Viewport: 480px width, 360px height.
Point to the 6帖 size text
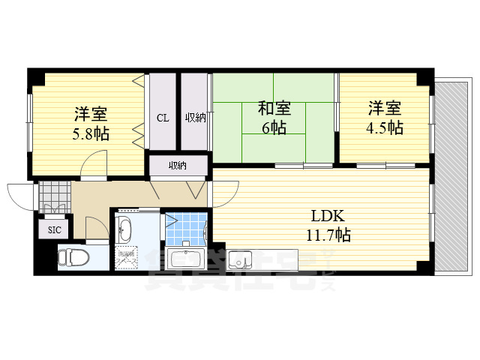(274, 127)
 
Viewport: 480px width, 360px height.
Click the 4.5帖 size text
(384, 127)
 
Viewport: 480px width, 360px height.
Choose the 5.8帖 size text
(90, 134)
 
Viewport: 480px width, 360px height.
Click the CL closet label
(163, 118)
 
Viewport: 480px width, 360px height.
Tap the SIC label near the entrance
(55, 229)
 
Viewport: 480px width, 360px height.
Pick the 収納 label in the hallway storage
(178, 166)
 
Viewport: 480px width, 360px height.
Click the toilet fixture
(73, 257)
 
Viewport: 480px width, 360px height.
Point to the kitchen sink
(243, 260)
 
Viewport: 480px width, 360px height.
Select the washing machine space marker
(125, 257)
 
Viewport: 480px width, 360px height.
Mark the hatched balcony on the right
(452, 172)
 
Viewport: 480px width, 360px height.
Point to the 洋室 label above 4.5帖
(384, 108)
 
